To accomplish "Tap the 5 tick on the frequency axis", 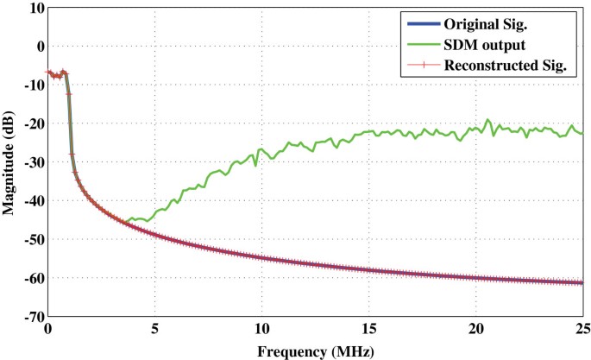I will (x=154, y=329).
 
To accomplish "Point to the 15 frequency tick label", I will (x=368, y=329).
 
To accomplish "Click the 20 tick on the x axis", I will (x=475, y=329).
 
